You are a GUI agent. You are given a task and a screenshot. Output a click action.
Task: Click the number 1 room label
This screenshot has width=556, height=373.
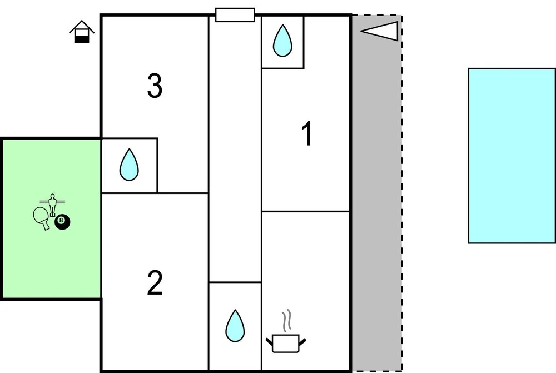306,135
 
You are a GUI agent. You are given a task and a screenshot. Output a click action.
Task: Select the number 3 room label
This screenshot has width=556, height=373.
155,86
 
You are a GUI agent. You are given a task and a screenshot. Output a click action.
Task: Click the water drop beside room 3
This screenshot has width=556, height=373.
129,165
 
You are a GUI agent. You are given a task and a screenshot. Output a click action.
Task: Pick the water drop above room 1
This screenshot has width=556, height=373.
282,41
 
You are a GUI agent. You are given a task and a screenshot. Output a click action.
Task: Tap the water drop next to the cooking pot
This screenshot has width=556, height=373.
235,326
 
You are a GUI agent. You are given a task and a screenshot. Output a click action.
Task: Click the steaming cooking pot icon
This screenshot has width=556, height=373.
286,342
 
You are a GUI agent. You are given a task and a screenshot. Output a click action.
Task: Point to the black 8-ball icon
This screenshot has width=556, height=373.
62,222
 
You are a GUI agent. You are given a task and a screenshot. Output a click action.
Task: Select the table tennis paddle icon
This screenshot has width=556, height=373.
42,217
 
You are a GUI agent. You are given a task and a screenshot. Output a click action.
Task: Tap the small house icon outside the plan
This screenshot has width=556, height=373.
82,32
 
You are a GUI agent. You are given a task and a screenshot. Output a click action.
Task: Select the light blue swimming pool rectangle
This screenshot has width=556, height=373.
512,156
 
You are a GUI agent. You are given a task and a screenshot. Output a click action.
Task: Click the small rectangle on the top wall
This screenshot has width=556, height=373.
235,15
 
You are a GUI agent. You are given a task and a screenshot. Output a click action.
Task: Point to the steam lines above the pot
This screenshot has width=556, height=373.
286,321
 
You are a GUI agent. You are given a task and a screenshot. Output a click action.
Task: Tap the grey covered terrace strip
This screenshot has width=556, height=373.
376,195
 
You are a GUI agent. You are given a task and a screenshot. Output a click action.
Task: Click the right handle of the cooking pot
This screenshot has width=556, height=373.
303,339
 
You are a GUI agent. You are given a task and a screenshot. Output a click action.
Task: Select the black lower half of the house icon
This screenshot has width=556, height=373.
82,38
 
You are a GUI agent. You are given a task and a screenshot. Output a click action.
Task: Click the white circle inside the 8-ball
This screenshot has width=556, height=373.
62,222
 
